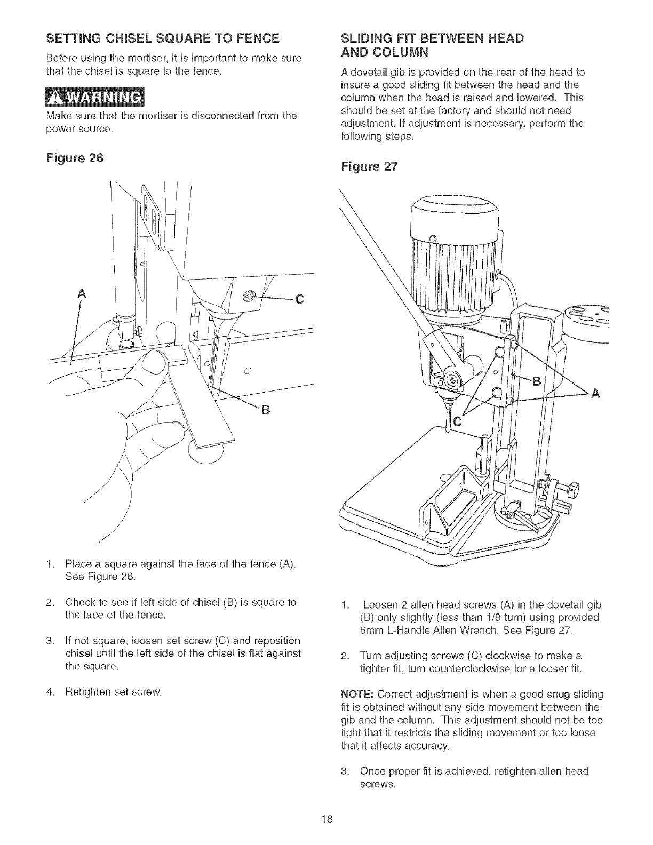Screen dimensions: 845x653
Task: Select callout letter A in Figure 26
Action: point(81,293)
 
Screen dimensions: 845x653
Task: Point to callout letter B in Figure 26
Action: point(262,410)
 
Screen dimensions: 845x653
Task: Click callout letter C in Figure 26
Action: point(299,300)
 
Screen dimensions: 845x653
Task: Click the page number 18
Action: point(327,819)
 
